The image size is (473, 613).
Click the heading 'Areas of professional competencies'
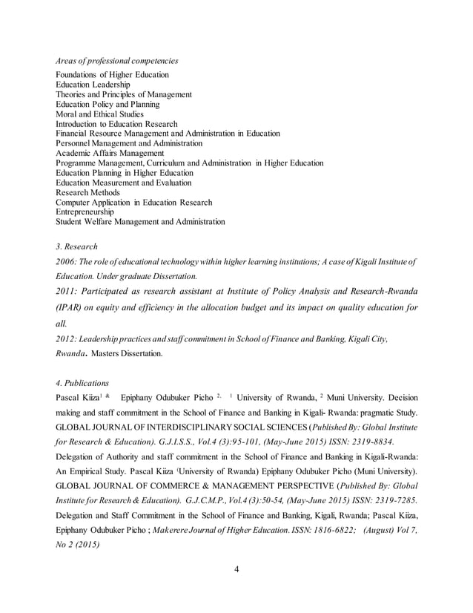pyautogui.click(x=117, y=60)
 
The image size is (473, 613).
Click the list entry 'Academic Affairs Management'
pyautogui.click(x=110, y=153)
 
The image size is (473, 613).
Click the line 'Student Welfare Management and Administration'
pyautogui.click(x=141, y=221)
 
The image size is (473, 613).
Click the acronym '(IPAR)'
pyautogui.click(x=73, y=307)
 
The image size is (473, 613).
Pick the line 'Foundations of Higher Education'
pyautogui.click(x=113, y=75)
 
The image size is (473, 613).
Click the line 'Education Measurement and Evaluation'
pyautogui.click(x=124, y=183)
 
